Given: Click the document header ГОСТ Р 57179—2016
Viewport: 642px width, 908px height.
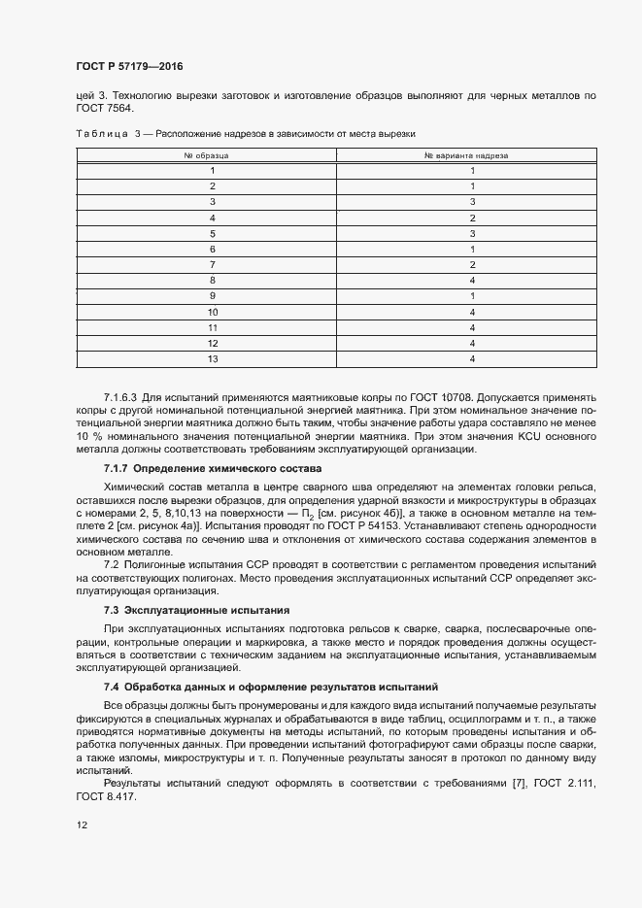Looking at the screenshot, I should tap(129, 67).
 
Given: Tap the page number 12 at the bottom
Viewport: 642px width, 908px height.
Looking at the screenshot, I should tap(82, 825).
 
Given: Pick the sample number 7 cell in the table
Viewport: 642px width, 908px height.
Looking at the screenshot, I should tap(212, 265).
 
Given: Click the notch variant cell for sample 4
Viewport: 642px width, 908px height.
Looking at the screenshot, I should tap(472, 218).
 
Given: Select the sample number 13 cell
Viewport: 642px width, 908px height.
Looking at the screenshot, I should tap(212, 359).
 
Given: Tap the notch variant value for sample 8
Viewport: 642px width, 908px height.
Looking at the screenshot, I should tap(472, 281).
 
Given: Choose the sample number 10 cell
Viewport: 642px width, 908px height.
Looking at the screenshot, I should tap(212, 312).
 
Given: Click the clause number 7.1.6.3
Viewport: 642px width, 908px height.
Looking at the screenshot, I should tap(121, 398).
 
